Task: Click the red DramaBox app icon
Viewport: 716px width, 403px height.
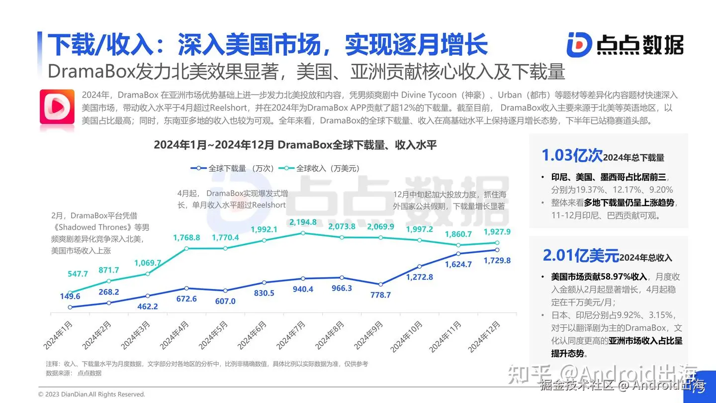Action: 57,106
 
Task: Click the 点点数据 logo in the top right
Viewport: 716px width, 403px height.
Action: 625,44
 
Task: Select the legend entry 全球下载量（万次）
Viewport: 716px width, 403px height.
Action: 233,168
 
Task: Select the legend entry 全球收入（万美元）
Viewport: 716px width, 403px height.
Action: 321,168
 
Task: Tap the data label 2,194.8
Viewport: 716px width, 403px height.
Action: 303,222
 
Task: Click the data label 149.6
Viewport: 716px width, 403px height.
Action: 70,296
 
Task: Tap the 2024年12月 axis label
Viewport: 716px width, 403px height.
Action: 485,336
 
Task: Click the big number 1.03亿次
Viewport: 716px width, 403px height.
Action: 572,156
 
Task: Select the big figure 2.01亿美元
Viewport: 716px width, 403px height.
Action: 581,256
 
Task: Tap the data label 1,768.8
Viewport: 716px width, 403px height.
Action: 186,238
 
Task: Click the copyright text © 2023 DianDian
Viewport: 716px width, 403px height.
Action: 92,395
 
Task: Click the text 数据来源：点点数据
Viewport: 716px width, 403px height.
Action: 74,373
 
